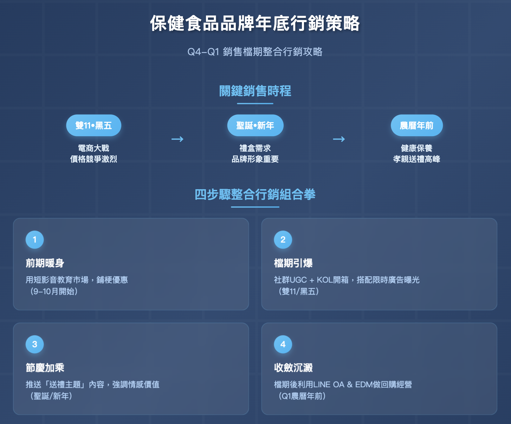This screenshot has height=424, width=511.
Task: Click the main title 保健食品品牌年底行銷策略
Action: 255,24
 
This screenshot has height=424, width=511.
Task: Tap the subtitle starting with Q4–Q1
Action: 255,52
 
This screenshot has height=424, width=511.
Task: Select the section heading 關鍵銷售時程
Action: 255,91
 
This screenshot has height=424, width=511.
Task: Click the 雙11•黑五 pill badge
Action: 93,125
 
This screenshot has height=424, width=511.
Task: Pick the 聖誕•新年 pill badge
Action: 255,125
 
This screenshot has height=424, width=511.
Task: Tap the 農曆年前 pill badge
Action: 416,125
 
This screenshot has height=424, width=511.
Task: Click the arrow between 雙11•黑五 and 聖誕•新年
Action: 177,139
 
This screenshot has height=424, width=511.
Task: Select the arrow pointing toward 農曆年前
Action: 339,139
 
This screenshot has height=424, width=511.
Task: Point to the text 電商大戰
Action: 93,148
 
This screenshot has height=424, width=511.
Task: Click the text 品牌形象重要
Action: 255,159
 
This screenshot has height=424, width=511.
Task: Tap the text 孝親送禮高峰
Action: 416,159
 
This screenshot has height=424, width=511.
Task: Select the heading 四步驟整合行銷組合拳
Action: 255,194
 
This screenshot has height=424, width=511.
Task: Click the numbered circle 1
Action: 35,240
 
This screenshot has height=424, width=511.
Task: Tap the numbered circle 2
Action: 283,240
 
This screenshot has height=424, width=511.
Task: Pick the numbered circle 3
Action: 35,344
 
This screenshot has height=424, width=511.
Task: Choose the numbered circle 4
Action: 283,344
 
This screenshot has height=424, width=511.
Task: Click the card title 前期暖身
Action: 45,263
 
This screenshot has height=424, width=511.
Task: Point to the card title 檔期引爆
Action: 293,263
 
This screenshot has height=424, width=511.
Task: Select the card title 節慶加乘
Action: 45,368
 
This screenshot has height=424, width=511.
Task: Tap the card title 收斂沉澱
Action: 293,368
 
